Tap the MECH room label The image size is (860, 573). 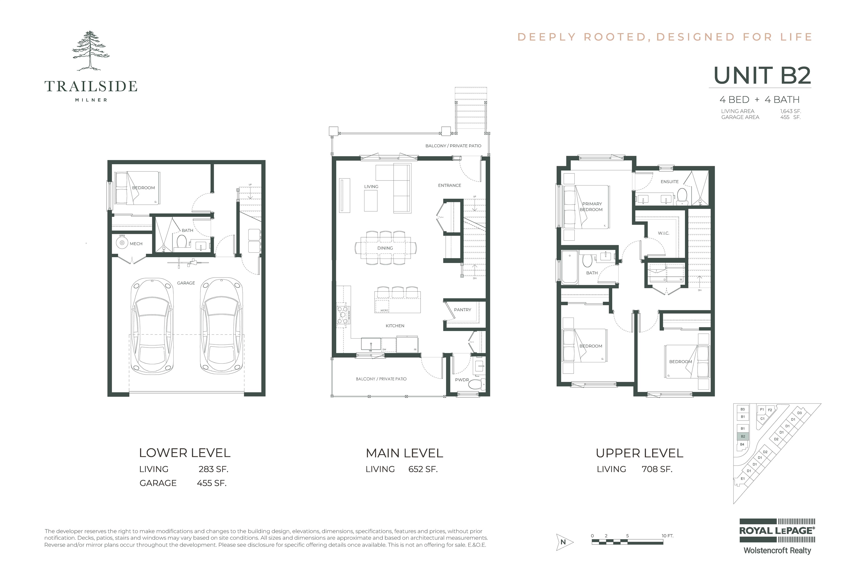[136, 244]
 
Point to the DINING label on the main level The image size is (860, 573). [385, 248]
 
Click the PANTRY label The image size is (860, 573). [462, 310]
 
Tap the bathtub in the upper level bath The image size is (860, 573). [569, 267]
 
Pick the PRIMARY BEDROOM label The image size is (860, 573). [591, 207]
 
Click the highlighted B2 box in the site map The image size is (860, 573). [743, 436]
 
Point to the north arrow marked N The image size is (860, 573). [564, 542]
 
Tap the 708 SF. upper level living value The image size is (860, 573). [657, 469]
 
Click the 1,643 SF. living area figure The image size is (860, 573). [790, 111]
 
